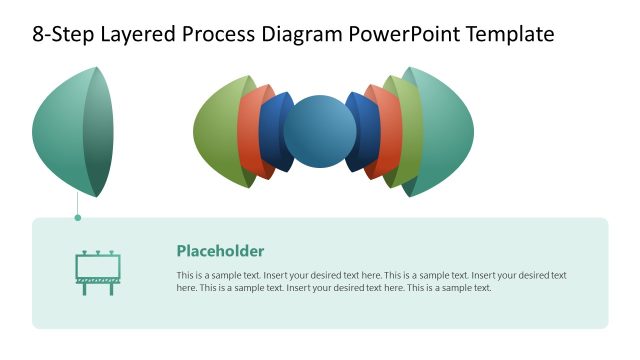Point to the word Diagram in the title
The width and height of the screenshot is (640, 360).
(x=307, y=35)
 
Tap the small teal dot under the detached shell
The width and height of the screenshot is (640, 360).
(x=78, y=217)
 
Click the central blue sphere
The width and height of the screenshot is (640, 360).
(x=320, y=133)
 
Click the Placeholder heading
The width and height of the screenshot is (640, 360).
(x=220, y=251)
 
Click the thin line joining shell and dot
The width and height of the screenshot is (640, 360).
(x=78, y=204)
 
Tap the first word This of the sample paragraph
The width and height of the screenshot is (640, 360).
(x=186, y=275)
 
